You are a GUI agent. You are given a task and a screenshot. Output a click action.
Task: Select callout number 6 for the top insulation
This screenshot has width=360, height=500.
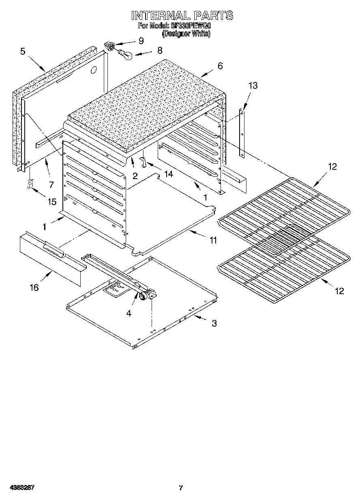[220, 66]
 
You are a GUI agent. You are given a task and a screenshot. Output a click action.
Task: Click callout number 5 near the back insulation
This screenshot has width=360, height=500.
[23, 51]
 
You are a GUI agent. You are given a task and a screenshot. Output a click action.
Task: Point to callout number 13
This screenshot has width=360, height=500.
[253, 85]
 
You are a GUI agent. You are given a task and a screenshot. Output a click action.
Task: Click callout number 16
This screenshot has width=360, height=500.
[34, 287]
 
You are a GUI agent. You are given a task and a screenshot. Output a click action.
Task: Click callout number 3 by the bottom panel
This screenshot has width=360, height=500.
[214, 323]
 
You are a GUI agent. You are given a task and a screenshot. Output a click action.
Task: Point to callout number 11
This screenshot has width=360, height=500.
[213, 240]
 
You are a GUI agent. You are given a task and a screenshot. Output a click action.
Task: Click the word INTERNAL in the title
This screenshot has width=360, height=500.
[160, 16]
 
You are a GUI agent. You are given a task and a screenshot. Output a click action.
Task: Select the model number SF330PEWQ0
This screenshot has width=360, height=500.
[191, 26]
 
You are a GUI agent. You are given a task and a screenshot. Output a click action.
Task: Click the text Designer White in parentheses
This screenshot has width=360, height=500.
[186, 34]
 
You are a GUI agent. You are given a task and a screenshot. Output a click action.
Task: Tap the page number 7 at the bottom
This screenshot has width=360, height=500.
[181, 488]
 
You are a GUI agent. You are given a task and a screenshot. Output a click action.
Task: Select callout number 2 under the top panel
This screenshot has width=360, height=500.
[135, 175]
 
